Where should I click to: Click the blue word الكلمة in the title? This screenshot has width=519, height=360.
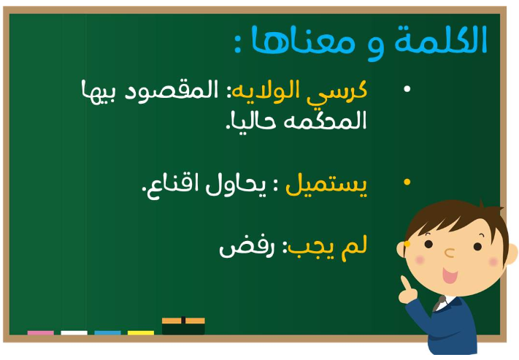click(441, 39)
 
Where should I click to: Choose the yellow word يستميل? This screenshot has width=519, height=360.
click(326, 185)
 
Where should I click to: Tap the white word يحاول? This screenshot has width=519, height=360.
click(236, 184)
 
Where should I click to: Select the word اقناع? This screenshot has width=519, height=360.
click(169, 185)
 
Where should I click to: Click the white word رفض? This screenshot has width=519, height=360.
click(247, 248)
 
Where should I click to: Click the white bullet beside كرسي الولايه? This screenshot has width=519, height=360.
click(407, 89)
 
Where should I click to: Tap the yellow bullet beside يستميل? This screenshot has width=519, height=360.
click(407, 182)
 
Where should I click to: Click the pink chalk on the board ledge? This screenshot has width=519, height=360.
click(40, 332)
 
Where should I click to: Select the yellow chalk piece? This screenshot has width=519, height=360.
click(141, 332)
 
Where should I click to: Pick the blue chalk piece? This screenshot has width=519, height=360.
click(107, 332)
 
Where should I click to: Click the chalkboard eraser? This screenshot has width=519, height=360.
click(183, 326)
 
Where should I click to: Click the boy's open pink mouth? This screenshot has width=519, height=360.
click(450, 276)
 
